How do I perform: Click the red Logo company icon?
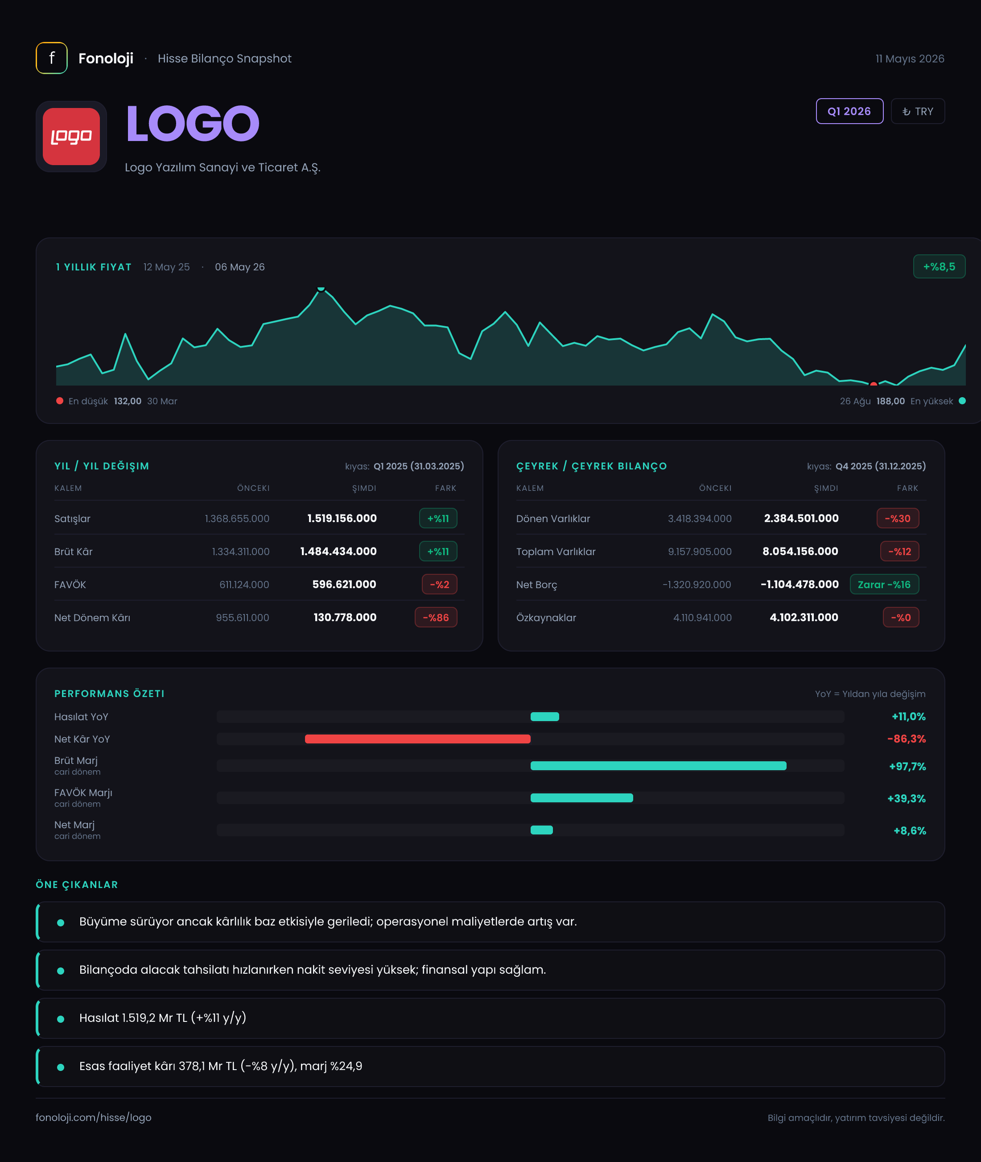point(71,137)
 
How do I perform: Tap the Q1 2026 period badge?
point(849,111)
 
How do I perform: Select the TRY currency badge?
point(918,111)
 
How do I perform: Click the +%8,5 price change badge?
point(939,266)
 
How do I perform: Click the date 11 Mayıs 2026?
point(910,58)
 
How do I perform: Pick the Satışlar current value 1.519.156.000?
point(342,518)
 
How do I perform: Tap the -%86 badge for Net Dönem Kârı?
point(436,617)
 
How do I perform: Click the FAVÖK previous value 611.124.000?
point(244,584)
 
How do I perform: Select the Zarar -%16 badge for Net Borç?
point(884,584)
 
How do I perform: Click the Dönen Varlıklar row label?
point(553,518)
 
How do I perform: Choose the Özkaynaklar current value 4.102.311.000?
point(804,617)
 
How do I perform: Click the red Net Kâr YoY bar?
point(418,739)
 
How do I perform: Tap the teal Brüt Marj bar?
point(659,766)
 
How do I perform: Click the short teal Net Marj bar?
point(542,830)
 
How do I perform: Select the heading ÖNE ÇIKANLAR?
point(77,884)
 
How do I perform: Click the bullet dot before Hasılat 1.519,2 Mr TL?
point(61,1019)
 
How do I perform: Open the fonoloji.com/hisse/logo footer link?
point(94,1117)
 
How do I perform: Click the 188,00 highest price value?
point(890,401)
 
